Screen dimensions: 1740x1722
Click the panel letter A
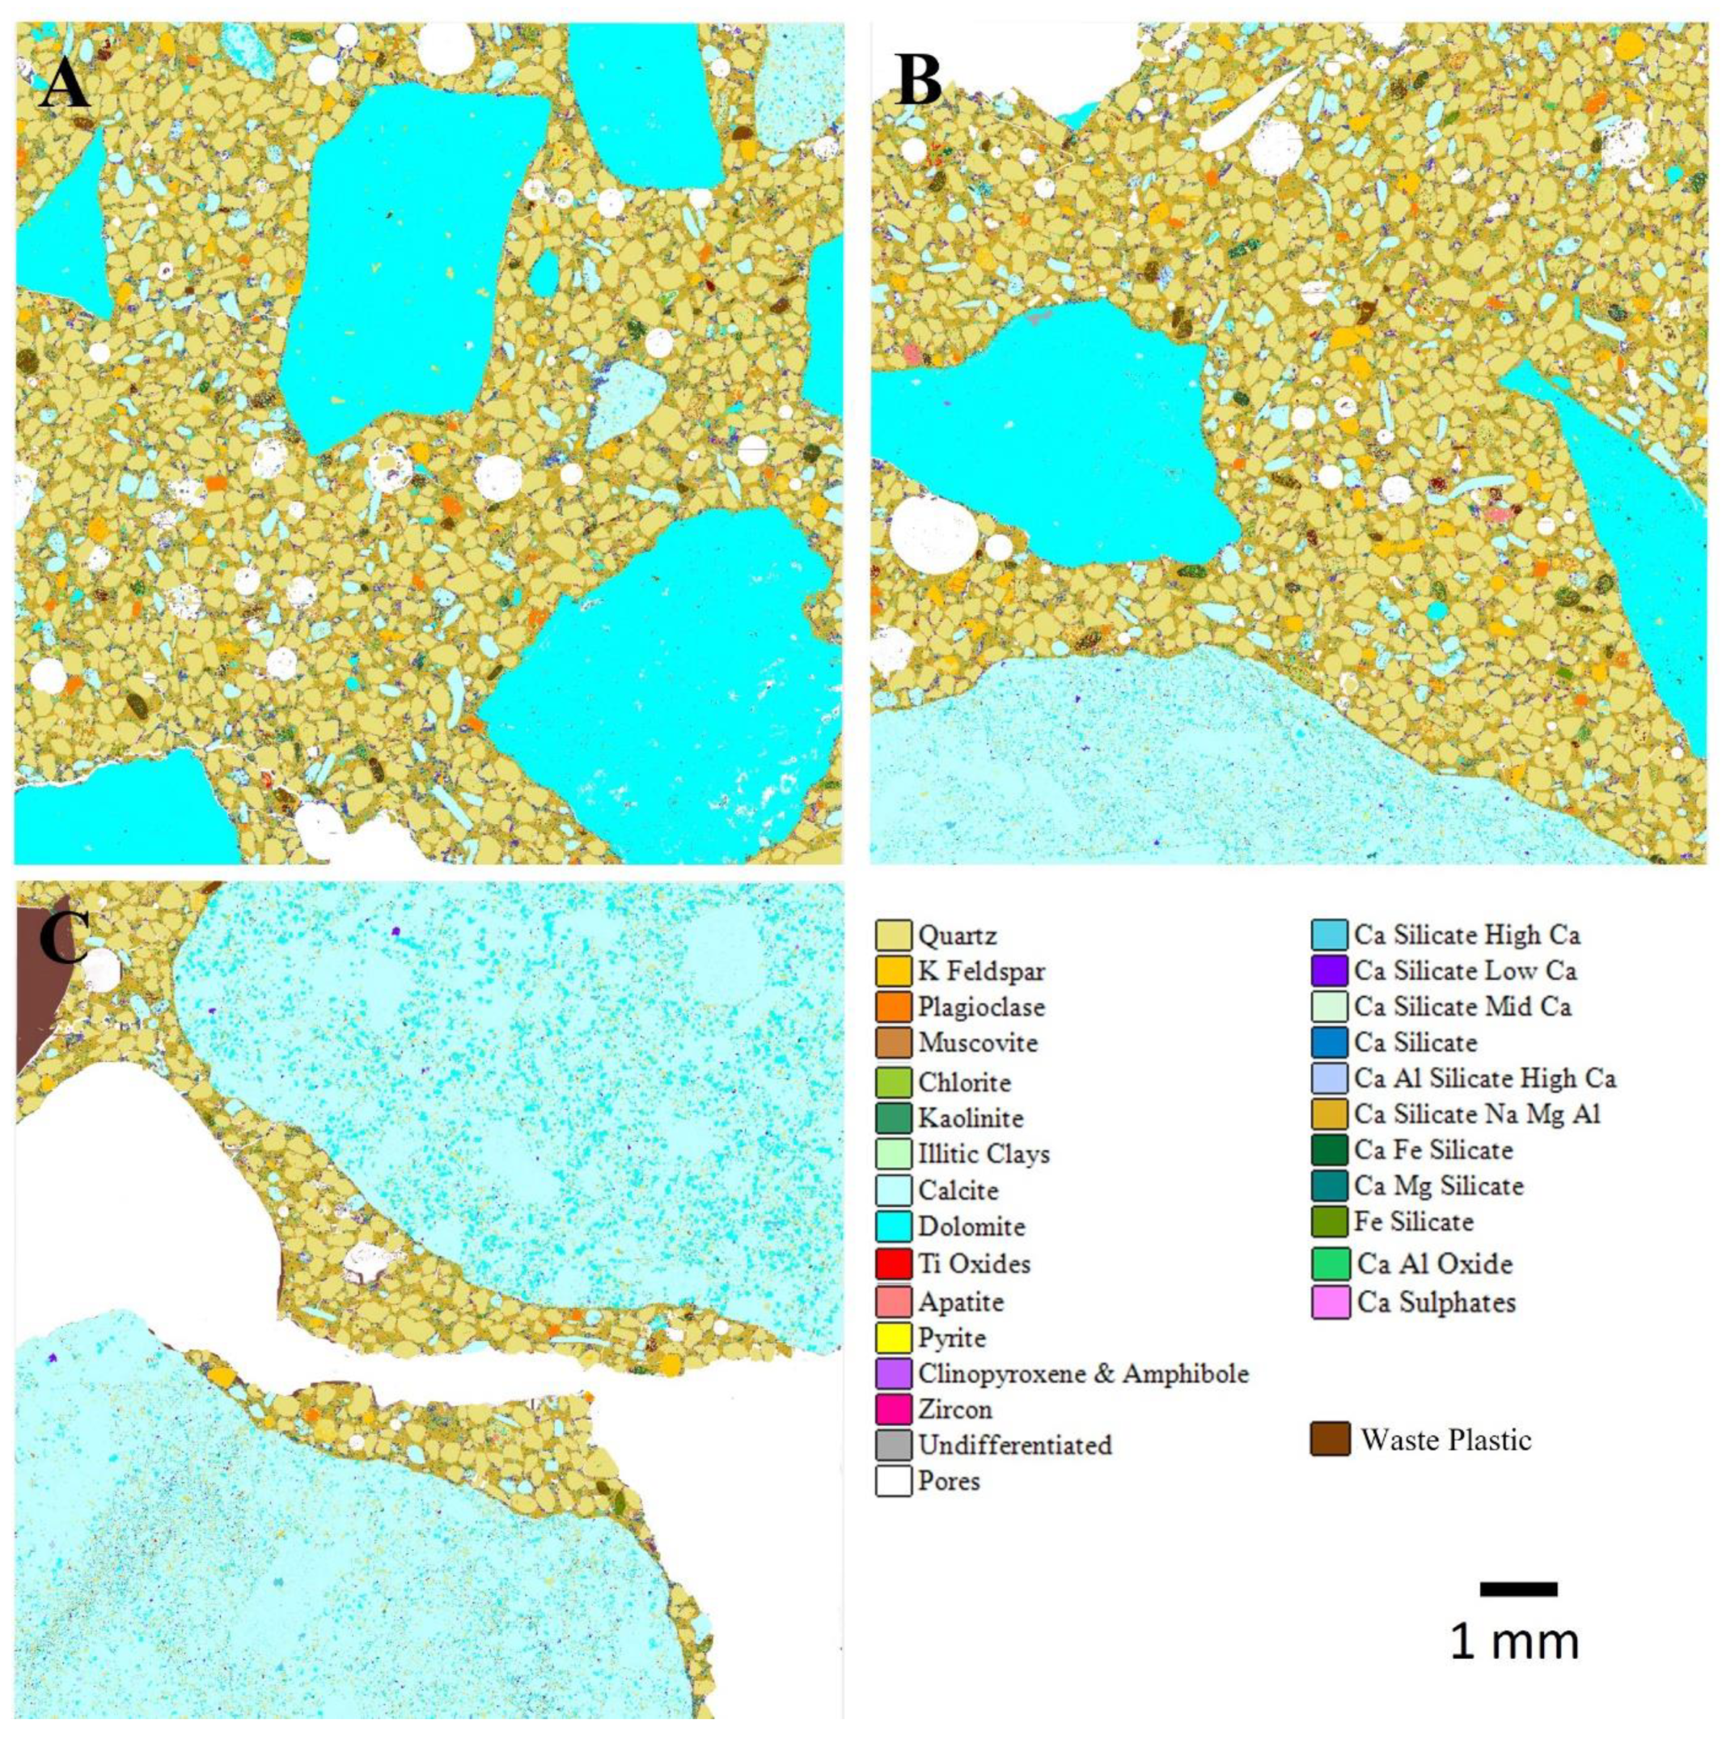click(x=65, y=85)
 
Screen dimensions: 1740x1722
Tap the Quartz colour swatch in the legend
click(x=893, y=935)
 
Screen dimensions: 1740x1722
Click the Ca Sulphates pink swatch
click(x=1330, y=1302)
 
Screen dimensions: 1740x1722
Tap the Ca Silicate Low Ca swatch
click(x=1330, y=970)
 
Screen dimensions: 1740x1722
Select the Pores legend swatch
click(x=893, y=1481)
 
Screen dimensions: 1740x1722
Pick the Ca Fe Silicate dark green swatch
click(x=1330, y=1149)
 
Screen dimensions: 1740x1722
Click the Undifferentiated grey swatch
click(x=893, y=1445)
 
